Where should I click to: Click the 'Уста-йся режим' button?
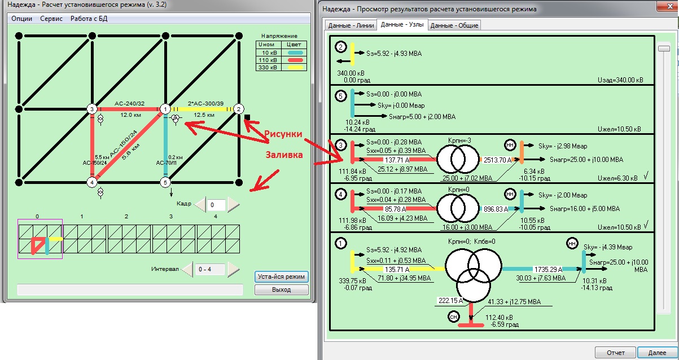[x=281, y=276]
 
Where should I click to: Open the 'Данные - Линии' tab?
[x=351, y=25]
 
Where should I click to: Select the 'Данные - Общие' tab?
[x=454, y=25]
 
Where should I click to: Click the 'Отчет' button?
[x=615, y=353]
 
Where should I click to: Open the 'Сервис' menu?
[x=51, y=19]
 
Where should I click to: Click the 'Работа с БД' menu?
[x=89, y=19]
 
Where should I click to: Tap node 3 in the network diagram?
[x=92, y=109]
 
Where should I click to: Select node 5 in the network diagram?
[x=165, y=182]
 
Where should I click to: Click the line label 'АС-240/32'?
[x=129, y=103]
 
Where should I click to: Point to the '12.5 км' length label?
[x=204, y=115]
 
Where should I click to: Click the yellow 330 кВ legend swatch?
[x=295, y=67]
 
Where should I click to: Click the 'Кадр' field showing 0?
[x=216, y=205]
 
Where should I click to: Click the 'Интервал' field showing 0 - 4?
[x=210, y=269]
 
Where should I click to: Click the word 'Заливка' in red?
[x=284, y=155]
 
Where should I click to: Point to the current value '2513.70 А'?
[x=497, y=160]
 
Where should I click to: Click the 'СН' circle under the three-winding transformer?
[x=453, y=317]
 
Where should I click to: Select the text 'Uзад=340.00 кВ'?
[x=620, y=80]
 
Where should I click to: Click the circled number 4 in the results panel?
[x=341, y=194]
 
